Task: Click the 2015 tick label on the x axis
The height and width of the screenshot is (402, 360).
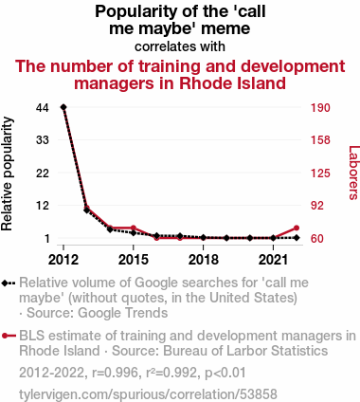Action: pos(134,260)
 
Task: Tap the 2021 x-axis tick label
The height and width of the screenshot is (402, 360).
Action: pos(273,260)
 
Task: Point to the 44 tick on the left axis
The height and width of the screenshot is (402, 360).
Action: pos(43,108)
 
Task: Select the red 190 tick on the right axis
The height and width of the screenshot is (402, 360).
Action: pos(320,108)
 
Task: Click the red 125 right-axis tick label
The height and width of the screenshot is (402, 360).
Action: pos(320,174)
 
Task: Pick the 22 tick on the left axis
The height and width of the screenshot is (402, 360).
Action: pos(43,174)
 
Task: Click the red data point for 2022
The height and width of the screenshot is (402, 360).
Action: pos(297,228)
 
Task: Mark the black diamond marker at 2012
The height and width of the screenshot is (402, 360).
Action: pos(63,107)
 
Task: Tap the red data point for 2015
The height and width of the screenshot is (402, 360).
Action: pos(134,228)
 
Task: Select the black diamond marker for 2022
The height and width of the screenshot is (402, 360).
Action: pos(297,238)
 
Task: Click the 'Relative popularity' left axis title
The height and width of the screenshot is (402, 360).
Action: pos(7,174)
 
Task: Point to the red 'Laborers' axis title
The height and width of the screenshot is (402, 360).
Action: pos(353,173)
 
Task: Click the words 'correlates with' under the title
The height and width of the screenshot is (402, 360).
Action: pos(180,46)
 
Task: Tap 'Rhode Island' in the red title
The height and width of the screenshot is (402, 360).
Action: pos(232,83)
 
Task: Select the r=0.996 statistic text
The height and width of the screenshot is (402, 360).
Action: pos(115,373)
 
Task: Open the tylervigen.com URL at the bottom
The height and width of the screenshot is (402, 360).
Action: pos(148,394)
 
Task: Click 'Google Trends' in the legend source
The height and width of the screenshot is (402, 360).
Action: pos(122,313)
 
